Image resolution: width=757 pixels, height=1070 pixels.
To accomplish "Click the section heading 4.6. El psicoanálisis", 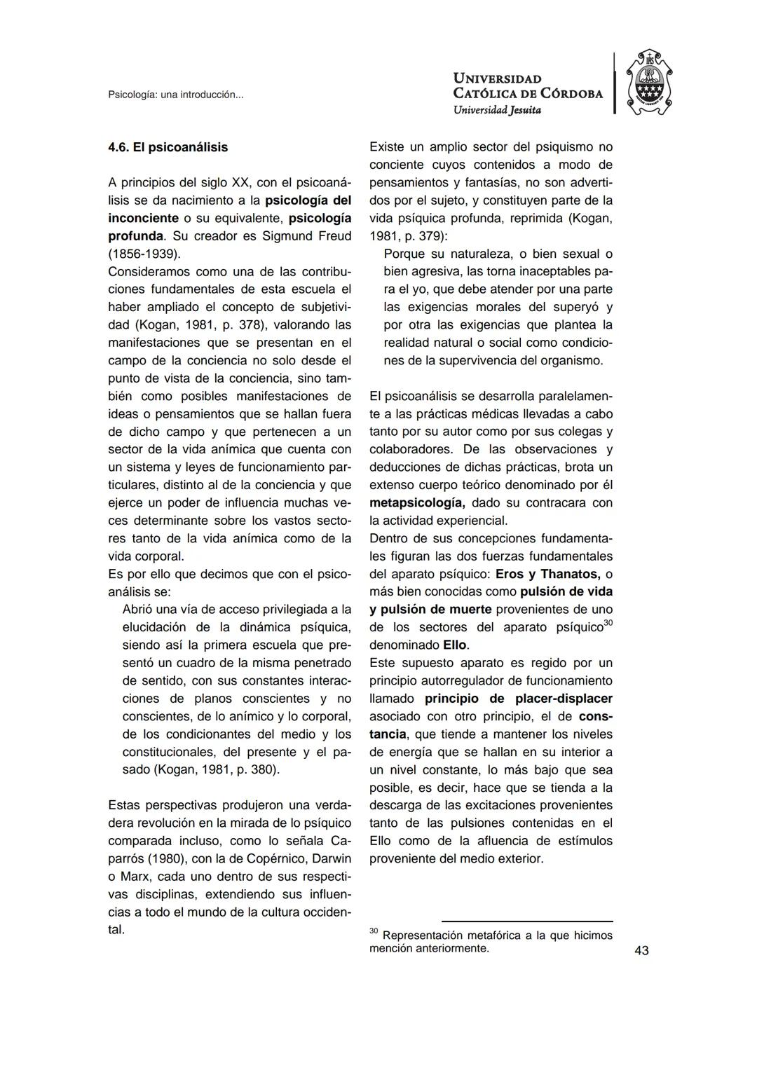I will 168,147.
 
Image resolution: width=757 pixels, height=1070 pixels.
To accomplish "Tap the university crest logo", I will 648,83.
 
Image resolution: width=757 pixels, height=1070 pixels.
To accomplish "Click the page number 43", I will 641,951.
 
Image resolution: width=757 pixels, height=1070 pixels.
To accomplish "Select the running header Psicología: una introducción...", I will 175,95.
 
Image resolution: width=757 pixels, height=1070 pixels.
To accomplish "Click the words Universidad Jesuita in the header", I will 497,109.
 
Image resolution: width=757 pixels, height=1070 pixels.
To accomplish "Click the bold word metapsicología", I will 416,502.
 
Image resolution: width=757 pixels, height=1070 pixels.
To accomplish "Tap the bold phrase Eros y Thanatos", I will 547,574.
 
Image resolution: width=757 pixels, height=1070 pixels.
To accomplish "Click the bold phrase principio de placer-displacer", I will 518,699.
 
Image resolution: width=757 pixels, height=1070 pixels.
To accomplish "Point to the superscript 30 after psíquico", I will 608,624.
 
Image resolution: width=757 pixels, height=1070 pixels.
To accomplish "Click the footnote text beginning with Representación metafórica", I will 491,942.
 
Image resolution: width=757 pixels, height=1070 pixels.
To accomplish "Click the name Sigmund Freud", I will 306,236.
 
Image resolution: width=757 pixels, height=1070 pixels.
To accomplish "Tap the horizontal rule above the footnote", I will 526,921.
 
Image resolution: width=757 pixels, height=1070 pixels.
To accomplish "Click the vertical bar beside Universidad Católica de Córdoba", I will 615,83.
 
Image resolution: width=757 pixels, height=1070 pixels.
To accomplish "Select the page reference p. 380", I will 256,769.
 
